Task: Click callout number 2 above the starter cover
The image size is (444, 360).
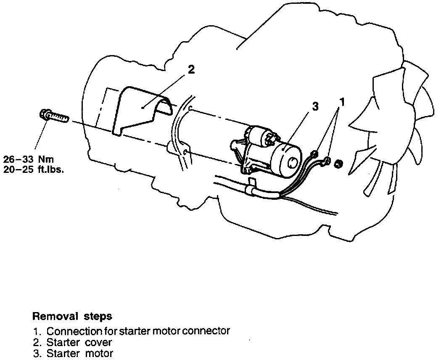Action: click(x=191, y=70)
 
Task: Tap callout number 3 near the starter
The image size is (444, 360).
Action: click(x=315, y=107)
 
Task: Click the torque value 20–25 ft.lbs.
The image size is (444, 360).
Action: click(x=33, y=170)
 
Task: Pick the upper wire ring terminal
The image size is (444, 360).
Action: click(x=314, y=154)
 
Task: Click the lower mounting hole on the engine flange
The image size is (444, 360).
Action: click(x=185, y=151)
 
